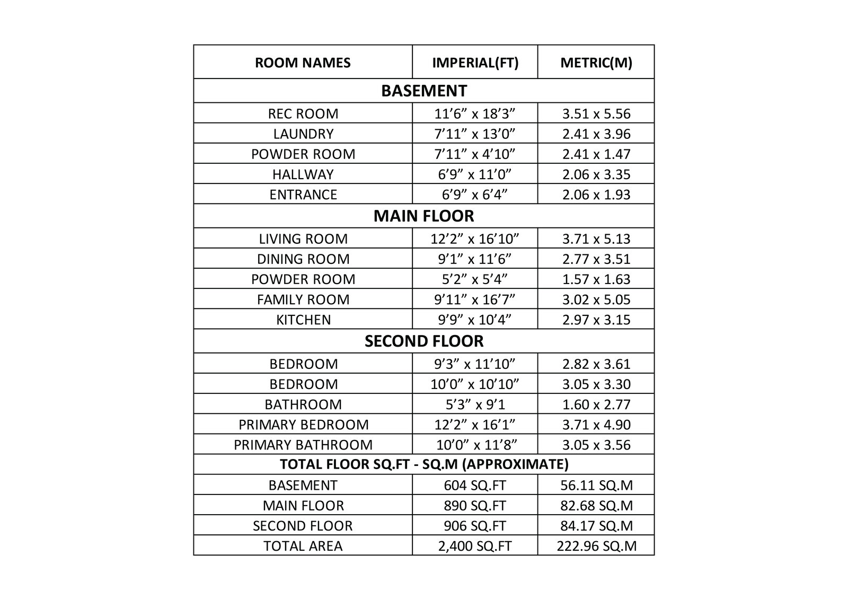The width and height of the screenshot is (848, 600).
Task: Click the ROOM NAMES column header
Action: click(303, 63)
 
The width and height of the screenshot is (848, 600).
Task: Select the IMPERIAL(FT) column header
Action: click(475, 63)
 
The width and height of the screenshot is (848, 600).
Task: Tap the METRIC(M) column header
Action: click(596, 63)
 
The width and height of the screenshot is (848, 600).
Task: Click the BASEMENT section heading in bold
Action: click(424, 91)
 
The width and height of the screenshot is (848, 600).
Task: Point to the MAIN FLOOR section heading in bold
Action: click(424, 216)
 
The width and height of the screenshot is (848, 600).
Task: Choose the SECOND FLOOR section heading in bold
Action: click(424, 341)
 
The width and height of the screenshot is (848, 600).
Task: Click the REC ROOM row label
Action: click(303, 113)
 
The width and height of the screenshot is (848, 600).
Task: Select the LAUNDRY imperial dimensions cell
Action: click(475, 134)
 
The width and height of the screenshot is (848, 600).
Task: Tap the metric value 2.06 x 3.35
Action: click(596, 174)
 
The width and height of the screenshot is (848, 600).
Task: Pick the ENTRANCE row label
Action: click(303, 194)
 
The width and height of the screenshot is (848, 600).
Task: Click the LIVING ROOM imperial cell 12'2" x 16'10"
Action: click(475, 239)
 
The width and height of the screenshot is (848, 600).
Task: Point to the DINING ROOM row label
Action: click(303, 259)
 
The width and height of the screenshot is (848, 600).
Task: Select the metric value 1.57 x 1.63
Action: click(596, 279)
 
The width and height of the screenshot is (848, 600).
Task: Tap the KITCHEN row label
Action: click(303, 320)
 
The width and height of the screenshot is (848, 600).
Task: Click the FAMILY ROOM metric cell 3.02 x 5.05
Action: click(596, 299)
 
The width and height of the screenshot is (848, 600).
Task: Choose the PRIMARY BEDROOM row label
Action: click(303, 424)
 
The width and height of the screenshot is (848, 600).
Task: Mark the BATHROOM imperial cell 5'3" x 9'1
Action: click(475, 404)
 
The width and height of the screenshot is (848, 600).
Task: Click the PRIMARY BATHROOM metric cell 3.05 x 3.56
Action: click(596, 444)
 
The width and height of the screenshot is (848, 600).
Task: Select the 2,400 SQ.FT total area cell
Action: click(475, 545)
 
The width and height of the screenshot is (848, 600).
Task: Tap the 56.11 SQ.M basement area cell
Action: click(596, 485)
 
